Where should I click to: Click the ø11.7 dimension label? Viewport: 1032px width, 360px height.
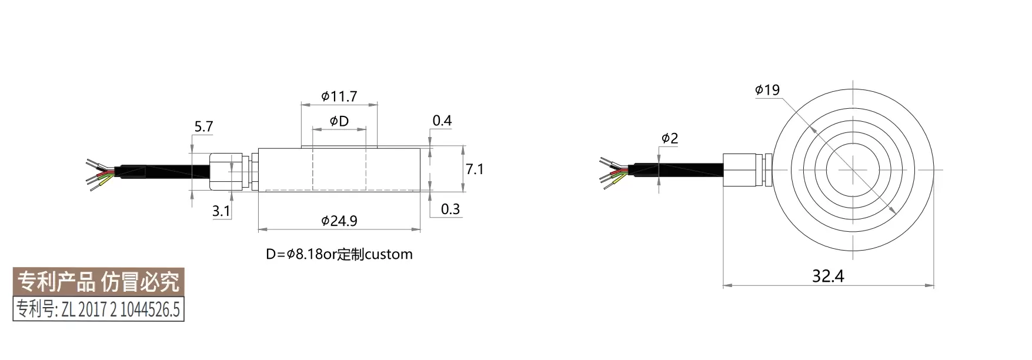tap(339, 96)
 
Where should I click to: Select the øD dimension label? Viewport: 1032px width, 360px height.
tap(339, 121)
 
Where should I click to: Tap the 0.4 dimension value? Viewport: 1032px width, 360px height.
tap(442, 121)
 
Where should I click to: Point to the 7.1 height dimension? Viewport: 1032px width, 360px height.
tap(474, 169)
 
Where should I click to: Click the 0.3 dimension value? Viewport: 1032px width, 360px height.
tap(450, 209)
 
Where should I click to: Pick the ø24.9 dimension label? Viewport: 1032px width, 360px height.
tap(339, 221)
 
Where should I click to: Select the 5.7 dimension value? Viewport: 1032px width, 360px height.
tap(203, 126)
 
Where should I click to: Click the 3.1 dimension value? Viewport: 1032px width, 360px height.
tap(221, 211)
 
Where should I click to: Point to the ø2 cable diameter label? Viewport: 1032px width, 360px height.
tap(670, 139)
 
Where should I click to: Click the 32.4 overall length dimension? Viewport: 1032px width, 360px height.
tap(828, 276)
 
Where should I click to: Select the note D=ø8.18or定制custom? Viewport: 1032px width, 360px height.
tap(339, 255)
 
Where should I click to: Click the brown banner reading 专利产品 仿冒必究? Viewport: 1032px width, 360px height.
tap(99, 282)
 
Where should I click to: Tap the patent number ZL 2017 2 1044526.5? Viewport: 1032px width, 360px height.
tap(99, 309)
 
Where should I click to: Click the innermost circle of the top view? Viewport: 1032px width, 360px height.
tap(851, 169)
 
